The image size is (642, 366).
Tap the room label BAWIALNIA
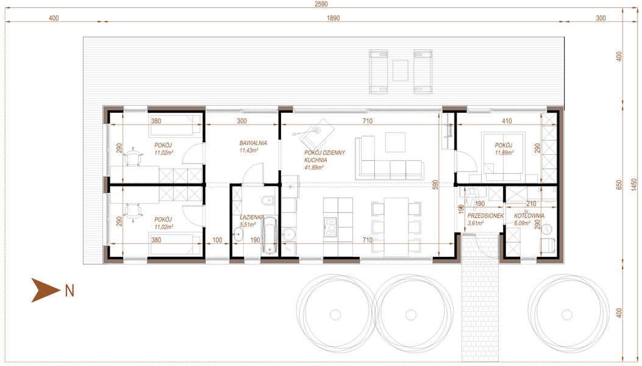249,143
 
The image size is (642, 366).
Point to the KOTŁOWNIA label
529,216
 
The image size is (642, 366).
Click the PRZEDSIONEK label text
485,216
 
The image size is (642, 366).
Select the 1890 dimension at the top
332,18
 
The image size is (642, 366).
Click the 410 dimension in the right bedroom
506,121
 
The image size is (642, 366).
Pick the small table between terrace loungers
401,70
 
